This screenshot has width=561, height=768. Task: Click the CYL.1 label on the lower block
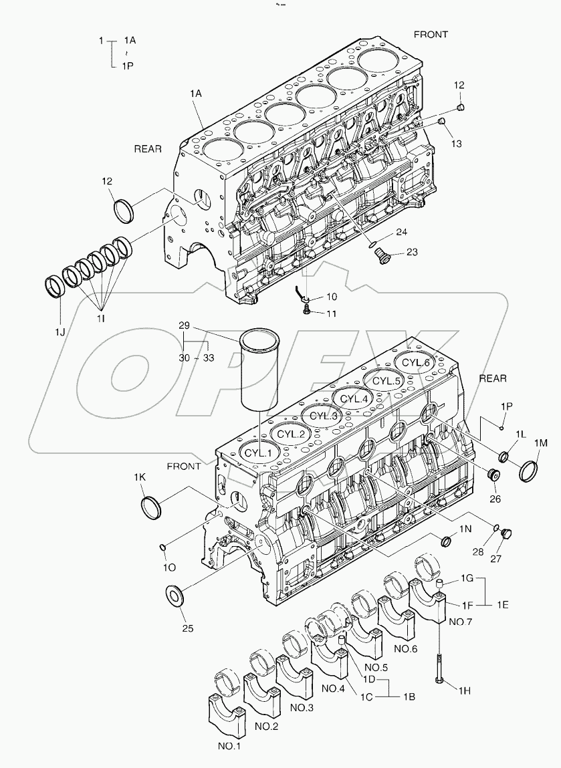coord(257,452)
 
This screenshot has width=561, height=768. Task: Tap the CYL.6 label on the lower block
coord(416,363)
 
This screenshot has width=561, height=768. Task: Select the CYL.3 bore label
coord(323,416)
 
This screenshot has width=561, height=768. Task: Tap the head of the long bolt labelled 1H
coord(441,680)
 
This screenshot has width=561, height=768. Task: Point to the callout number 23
coord(411,253)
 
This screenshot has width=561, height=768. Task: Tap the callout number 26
coord(494,498)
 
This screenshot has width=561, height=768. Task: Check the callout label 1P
coord(506,406)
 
